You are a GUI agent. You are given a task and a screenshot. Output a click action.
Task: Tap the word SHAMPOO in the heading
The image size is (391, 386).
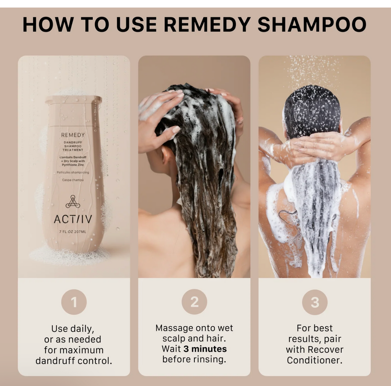[312, 24]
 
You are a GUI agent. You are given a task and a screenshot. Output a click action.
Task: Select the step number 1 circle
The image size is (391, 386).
[74, 302]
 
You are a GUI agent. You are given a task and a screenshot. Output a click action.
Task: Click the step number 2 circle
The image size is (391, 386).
[194, 302]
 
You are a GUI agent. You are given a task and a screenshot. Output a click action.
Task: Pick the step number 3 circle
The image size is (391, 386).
[315, 302]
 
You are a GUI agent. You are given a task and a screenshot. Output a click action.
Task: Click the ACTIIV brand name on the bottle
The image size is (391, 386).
[73, 219]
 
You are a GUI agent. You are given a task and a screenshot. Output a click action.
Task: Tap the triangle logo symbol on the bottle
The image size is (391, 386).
[73, 201]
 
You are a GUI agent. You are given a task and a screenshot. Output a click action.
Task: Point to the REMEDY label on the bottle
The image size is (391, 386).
[73, 135]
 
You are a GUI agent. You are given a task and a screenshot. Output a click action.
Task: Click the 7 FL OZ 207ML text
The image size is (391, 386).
[73, 232]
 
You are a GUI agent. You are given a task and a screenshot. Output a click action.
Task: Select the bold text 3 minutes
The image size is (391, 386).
[205, 349]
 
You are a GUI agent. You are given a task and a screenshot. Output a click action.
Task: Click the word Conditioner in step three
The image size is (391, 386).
[315, 360]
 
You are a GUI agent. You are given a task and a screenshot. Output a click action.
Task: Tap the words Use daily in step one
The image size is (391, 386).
[73, 329]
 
